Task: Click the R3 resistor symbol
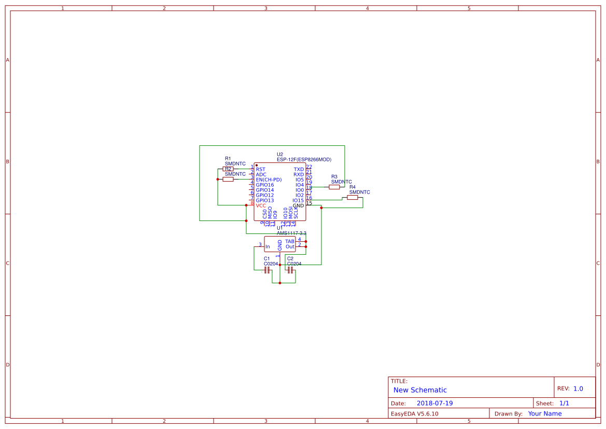point(334,187)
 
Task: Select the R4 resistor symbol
point(353,198)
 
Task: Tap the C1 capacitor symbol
point(267,270)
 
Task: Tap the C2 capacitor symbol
point(290,270)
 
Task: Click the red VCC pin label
point(261,206)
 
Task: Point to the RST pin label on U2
point(260,170)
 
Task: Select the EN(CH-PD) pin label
point(269,180)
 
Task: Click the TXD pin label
point(299,170)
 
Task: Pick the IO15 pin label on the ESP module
point(298,201)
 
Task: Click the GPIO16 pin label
point(265,185)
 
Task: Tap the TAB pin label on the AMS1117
point(290,241)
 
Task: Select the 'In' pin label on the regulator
point(267,247)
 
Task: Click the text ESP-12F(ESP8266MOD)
point(304,160)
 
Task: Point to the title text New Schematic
point(420,390)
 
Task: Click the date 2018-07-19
point(434,404)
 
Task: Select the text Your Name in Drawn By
point(545,414)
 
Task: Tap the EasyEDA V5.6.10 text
point(414,414)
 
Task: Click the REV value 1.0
point(578,389)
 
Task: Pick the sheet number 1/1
point(564,404)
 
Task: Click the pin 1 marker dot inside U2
point(257,165)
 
